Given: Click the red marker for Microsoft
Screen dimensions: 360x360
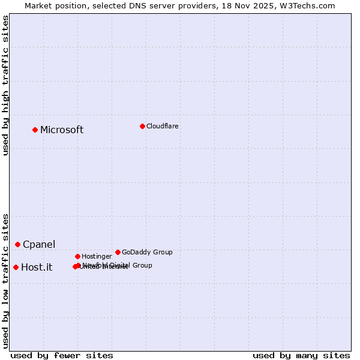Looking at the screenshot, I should (35, 130).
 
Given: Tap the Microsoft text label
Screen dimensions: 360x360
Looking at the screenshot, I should (62, 130).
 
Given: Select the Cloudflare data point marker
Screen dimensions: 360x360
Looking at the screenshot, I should (142, 126).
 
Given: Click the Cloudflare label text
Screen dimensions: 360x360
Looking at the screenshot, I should (162, 126).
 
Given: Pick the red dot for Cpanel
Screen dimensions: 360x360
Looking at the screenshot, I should (17, 244).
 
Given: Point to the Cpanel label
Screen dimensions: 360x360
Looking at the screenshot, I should (39, 245).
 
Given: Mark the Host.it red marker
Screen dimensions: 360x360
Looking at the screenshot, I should (16, 267).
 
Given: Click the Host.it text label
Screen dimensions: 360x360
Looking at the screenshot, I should (37, 268).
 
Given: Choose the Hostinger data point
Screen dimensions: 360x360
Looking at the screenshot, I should (77, 256).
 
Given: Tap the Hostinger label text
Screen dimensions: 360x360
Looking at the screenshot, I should (97, 256).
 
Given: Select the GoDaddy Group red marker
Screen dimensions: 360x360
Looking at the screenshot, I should (118, 252).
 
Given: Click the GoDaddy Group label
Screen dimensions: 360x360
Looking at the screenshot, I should (147, 252).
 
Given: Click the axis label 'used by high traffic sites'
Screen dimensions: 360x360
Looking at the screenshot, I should (6, 86).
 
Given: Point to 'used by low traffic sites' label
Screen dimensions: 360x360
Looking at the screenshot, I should (6, 281).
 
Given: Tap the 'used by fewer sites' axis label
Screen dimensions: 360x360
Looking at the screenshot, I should (62, 355).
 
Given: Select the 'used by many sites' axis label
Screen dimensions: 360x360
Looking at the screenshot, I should (301, 355).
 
